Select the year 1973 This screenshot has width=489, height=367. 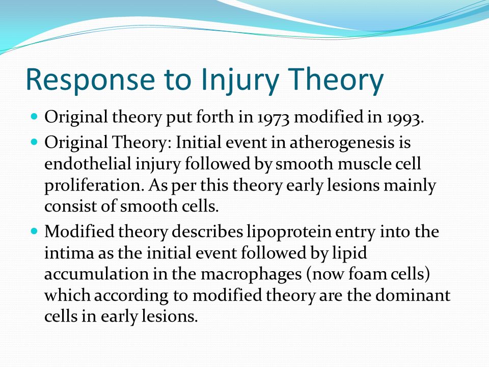coord(274,118)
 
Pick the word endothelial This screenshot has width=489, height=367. coord(88,164)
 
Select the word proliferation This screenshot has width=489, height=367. coord(93,186)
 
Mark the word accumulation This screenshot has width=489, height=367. coord(96,274)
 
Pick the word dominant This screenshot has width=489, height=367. coord(413,295)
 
